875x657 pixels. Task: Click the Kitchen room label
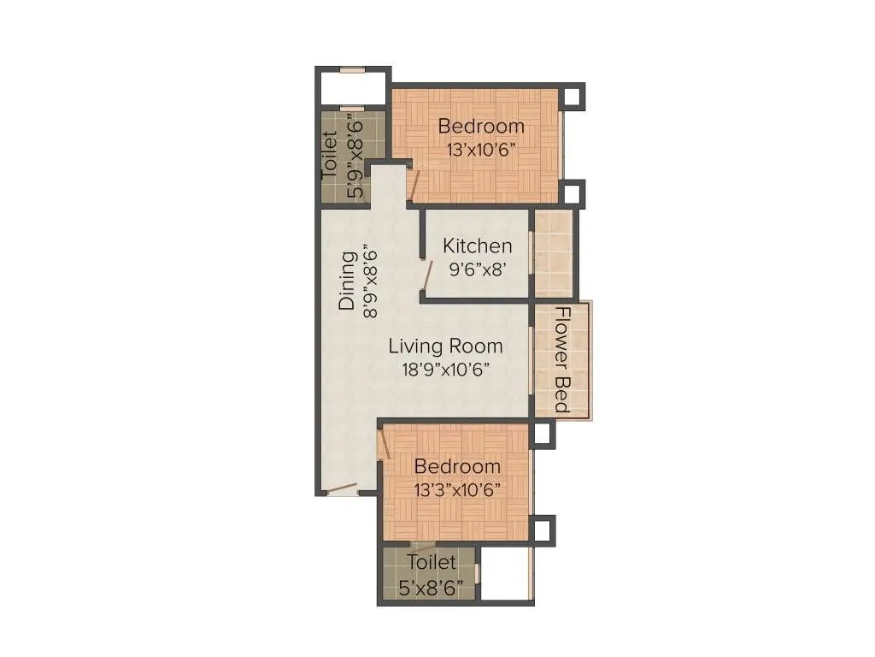click(477, 246)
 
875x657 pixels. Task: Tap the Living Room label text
click(445, 346)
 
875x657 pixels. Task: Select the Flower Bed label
click(561, 359)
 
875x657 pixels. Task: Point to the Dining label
click(347, 280)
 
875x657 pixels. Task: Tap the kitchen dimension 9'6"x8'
click(477, 267)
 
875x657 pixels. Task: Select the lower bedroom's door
click(385, 444)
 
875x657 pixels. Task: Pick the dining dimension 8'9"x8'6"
click(370, 281)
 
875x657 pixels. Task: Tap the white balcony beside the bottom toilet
click(506, 573)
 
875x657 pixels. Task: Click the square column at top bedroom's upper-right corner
click(572, 96)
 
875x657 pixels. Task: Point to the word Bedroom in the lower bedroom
click(457, 467)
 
